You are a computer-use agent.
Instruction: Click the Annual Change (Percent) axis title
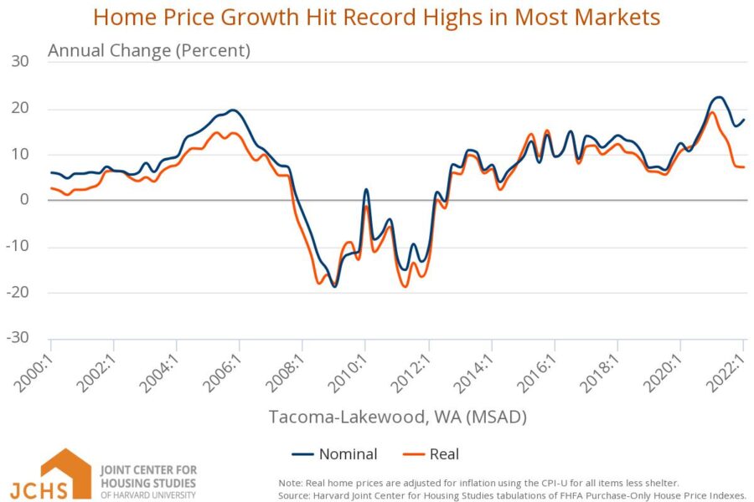pyautogui.click(x=149, y=50)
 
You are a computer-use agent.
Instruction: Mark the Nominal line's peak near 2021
pyautogui.click(x=719, y=97)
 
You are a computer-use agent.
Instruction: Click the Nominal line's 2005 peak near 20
pyautogui.click(x=233, y=110)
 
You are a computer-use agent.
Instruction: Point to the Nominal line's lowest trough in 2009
pyautogui.click(x=334, y=287)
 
